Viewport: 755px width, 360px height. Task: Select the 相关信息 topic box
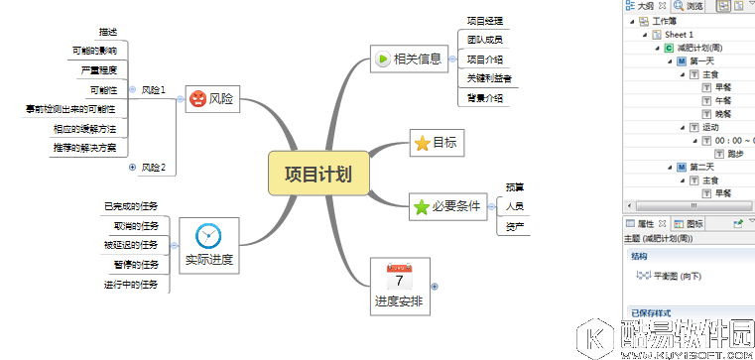tap(409, 59)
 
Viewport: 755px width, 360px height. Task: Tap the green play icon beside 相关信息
tap(383, 59)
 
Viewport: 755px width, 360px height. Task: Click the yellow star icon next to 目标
tap(422, 143)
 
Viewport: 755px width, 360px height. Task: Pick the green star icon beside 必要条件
tap(421, 207)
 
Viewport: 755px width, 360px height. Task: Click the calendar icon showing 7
tap(401, 275)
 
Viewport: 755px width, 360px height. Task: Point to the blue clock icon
tap(208, 235)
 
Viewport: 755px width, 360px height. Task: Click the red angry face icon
tap(197, 98)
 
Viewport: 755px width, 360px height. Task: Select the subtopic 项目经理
tap(485, 20)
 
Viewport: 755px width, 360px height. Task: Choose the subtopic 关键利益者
tap(485, 78)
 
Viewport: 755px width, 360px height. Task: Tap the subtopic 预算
tap(514, 186)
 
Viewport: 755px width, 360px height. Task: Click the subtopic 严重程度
tap(97, 70)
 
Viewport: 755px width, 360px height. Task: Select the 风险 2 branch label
tap(153, 167)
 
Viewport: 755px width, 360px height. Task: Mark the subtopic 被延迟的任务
tap(130, 245)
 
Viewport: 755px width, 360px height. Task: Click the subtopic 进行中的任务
tap(130, 285)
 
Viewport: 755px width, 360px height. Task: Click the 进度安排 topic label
tap(401, 300)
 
